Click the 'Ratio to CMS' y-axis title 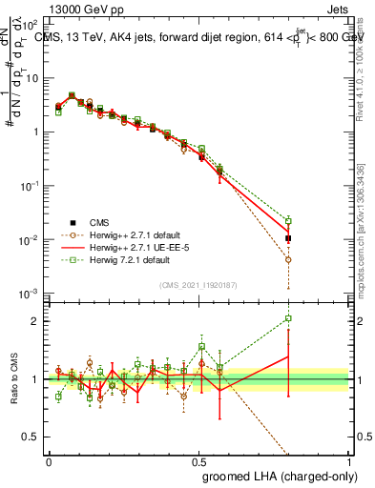coord(14,379)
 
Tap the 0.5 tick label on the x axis coord(198,460)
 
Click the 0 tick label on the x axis coord(49,460)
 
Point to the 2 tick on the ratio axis coord(36,321)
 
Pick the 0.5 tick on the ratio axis coord(32,437)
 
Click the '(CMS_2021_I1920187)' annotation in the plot coord(198,285)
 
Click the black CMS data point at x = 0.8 coord(288,238)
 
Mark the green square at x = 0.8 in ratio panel coord(288,318)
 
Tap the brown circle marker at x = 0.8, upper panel coord(288,259)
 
